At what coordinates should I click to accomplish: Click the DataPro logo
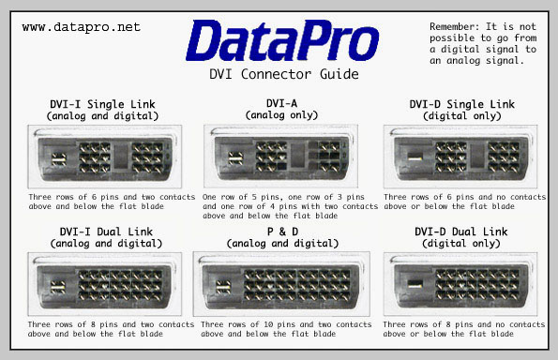281,41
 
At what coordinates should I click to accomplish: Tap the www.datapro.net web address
81,27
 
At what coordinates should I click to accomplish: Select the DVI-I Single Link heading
103,103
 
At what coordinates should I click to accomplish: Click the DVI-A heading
281,103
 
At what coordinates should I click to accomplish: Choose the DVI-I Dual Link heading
103,231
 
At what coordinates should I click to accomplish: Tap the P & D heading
281,231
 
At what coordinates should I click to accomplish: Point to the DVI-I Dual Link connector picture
103,285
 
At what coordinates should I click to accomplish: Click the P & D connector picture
281,285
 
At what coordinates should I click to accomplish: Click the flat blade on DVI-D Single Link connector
414,159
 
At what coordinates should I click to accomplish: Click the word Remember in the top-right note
456,23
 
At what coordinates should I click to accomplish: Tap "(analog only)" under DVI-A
281,114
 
